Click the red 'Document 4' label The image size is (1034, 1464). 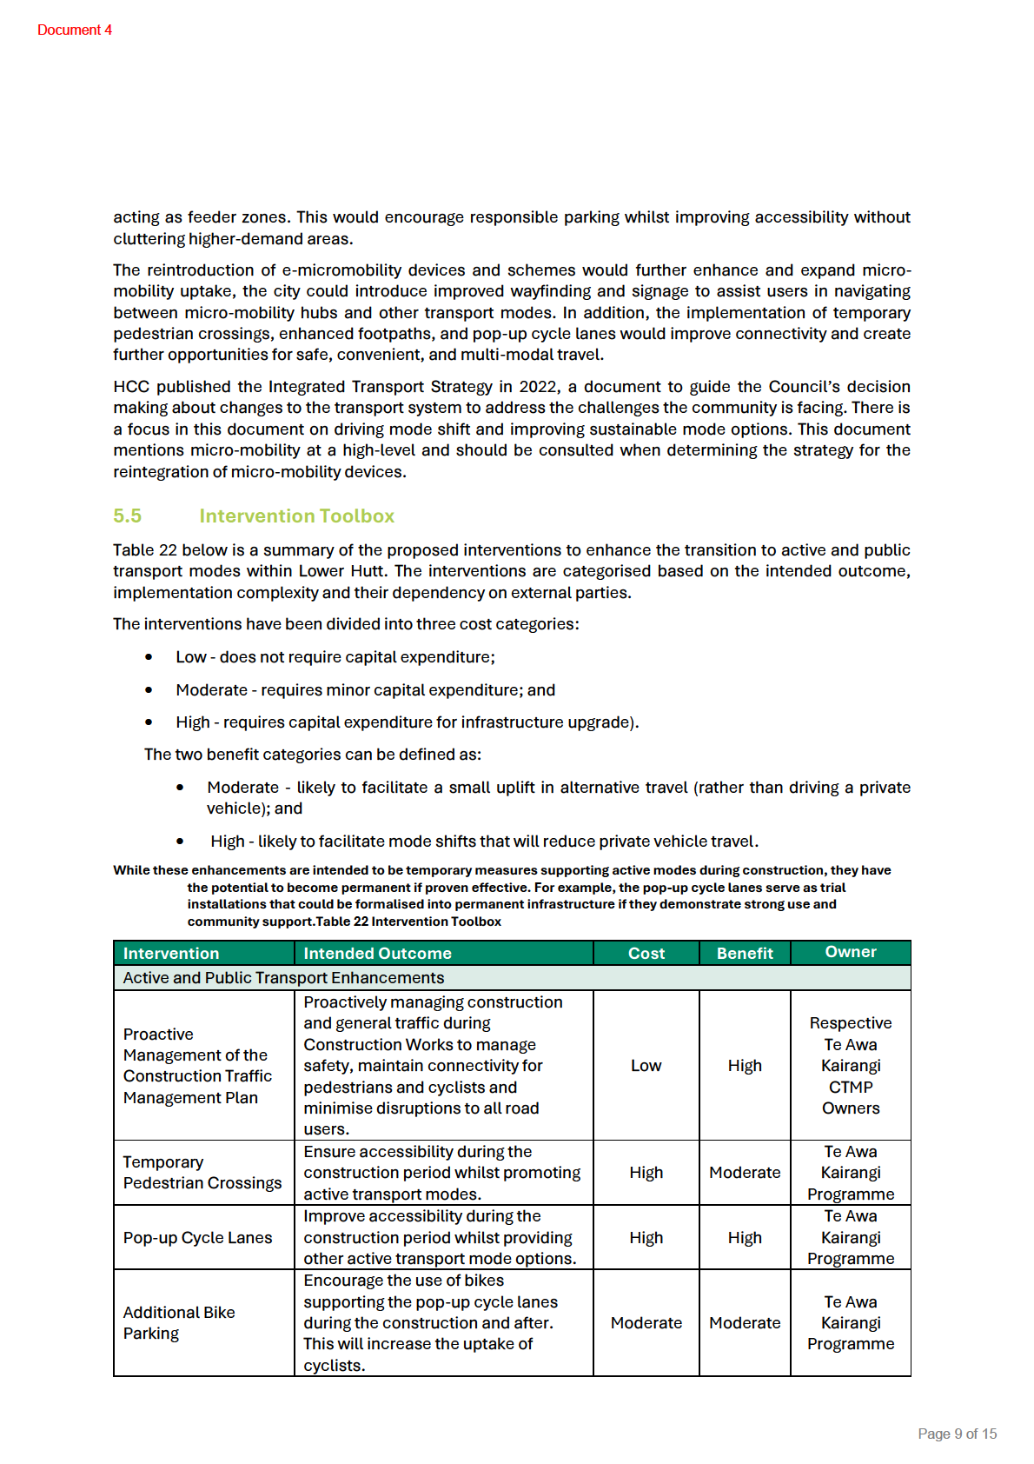(75, 30)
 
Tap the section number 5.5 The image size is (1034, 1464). (127, 516)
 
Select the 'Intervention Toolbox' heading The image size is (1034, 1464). (296, 516)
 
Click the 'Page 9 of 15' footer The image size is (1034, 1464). (957, 1434)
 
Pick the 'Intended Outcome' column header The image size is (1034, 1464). (377, 953)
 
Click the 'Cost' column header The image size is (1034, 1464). (646, 953)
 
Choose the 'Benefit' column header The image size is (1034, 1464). (745, 953)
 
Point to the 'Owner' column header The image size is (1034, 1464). (851, 952)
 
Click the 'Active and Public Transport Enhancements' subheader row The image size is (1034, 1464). (283, 977)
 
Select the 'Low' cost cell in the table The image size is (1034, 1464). (646, 1065)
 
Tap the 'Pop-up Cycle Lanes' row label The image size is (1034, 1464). (197, 1237)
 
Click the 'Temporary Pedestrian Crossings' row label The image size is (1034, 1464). (202, 1172)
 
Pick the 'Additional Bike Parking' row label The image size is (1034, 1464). (179, 1322)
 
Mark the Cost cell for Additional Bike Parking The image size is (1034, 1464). (646, 1322)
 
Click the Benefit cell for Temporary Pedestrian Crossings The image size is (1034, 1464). (745, 1172)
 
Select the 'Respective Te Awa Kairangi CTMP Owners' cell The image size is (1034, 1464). (851, 1065)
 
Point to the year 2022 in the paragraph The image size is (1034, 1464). (538, 386)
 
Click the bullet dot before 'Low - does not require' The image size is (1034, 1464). (149, 657)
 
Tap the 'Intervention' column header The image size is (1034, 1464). (171, 953)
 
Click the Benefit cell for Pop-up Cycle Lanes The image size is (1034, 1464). (745, 1237)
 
